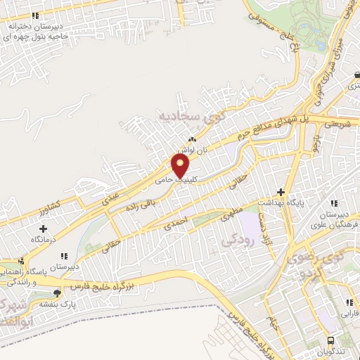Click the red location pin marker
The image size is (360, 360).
pyautogui.click(x=181, y=166)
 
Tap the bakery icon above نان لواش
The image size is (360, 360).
pyautogui.click(x=191, y=140)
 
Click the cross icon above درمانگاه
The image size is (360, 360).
pyautogui.click(x=44, y=229)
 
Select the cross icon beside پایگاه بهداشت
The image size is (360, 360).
pyautogui.click(x=281, y=191)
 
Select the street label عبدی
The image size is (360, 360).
pyautogui.click(x=111, y=199)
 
